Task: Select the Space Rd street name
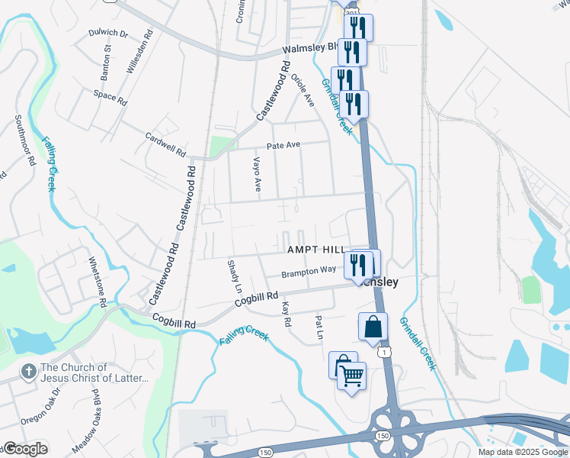click(x=110, y=96)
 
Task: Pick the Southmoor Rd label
click(x=25, y=141)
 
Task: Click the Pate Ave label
click(x=283, y=145)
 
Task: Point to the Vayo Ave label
click(x=258, y=174)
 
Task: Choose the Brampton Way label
click(x=309, y=271)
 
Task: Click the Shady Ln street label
click(x=234, y=276)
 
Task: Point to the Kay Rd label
click(x=287, y=314)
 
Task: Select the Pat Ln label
click(x=319, y=329)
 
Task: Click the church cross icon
click(x=28, y=372)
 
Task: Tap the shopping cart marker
click(x=351, y=376)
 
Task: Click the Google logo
click(x=24, y=448)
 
